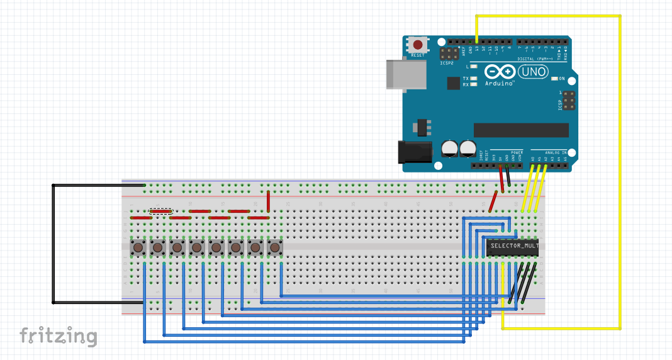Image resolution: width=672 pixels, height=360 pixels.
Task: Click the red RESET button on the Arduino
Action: [417, 45]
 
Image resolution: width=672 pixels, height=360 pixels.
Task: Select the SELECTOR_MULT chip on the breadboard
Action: [512, 247]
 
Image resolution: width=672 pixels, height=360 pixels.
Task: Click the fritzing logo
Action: [58, 336]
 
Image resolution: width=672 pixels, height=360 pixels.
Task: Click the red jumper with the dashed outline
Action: [160, 211]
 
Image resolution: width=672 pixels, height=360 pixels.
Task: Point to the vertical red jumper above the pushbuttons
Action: [269, 202]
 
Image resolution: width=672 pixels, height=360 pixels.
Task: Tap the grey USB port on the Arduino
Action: [405, 74]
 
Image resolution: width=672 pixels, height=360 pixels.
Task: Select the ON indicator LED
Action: [554, 79]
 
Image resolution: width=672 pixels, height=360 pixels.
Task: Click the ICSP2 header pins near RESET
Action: [449, 54]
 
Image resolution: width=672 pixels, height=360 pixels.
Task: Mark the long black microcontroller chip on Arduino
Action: [521, 130]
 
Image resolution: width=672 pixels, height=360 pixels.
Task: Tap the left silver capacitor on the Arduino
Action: [450, 148]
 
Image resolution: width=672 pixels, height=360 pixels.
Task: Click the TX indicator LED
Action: [473, 78]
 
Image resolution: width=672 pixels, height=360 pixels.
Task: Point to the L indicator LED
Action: [473, 66]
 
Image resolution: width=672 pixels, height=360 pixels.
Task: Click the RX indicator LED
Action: [473, 84]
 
